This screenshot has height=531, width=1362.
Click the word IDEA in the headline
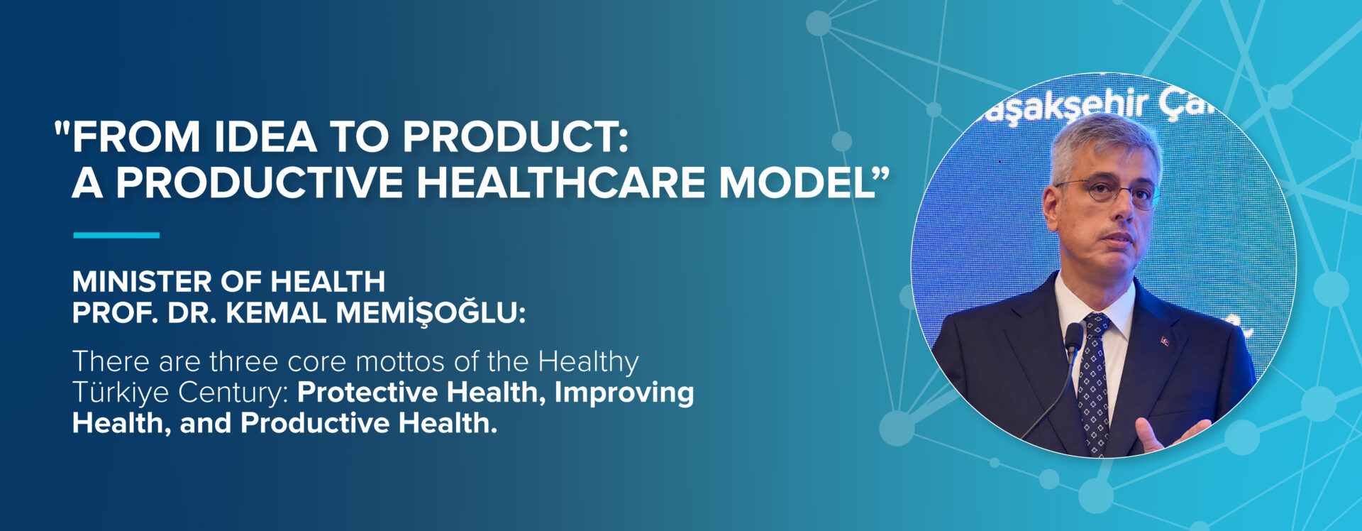265,137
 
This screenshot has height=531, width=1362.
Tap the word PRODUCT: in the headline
516,137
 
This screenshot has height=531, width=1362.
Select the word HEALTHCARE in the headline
560,182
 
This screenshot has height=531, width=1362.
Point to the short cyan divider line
116,235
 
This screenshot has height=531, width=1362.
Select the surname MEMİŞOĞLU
431,312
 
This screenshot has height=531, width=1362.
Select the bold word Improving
624,393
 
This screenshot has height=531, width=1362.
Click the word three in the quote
245,361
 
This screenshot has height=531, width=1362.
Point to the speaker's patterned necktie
1093,383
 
